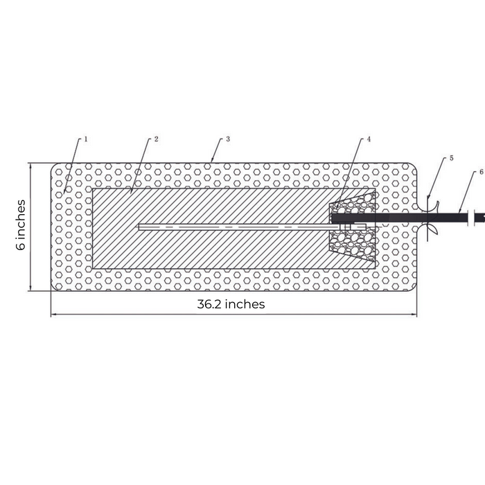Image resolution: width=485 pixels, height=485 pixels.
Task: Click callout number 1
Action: (86, 139)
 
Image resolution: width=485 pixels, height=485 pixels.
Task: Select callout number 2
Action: (157, 139)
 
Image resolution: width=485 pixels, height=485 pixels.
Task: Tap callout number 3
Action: (228, 139)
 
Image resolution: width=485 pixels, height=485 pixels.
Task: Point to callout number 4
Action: (369, 139)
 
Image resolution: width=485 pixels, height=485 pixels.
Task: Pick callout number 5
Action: (451, 158)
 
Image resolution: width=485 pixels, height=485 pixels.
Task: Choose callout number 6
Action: (481, 171)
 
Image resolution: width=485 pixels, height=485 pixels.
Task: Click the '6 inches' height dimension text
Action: (21, 225)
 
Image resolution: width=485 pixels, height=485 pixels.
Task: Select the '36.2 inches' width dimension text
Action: (231, 304)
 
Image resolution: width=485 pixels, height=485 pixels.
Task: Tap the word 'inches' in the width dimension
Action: (246, 304)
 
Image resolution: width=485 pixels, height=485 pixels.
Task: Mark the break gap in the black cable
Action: (471, 218)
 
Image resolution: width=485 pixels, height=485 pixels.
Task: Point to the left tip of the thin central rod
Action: (141, 226)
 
